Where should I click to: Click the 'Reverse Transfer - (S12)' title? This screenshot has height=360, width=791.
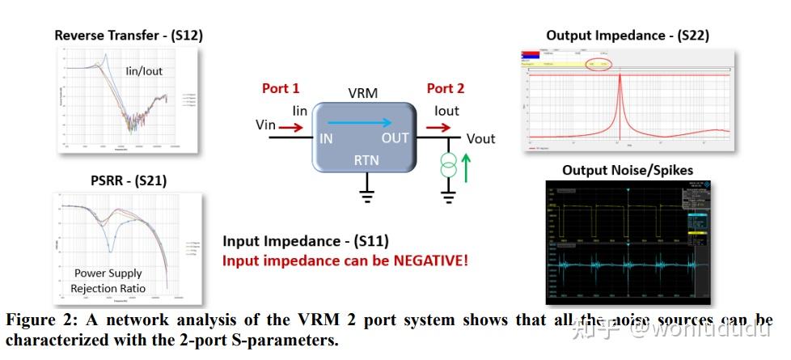pos(129,36)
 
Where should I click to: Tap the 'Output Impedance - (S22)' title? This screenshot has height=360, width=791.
pos(628,35)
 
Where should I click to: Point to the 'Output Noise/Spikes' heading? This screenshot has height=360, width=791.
pos(628,170)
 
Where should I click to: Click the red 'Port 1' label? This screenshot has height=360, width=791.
pos(281,88)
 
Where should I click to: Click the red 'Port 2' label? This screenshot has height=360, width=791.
pos(446,88)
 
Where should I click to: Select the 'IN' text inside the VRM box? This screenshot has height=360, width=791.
pos(326,138)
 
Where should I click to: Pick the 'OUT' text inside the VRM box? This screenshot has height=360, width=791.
pos(395,138)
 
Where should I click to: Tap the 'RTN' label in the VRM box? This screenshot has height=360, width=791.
pos(366,161)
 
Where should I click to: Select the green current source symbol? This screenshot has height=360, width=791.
pos(447,169)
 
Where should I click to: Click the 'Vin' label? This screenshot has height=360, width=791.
pos(266,125)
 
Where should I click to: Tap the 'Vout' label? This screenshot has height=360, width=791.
pos(480,138)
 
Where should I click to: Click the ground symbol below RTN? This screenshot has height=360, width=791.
pos(366,195)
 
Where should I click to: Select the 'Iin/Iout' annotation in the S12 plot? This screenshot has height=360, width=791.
pos(144,71)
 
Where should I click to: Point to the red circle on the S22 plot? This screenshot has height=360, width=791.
pos(598,63)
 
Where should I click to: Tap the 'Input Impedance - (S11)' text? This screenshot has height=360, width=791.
pos(306,241)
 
